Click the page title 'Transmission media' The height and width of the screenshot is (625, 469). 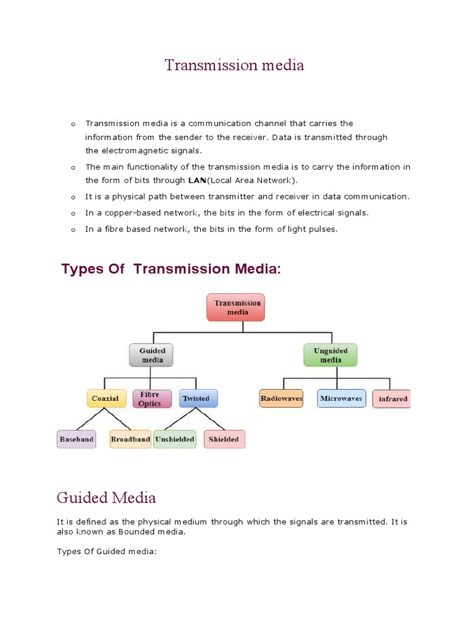[x=234, y=65]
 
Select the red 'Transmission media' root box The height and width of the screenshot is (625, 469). [x=237, y=307]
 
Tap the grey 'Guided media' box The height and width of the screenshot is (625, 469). [x=151, y=355]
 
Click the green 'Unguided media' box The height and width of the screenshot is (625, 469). [x=330, y=355]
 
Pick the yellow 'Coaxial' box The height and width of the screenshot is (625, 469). [x=106, y=399]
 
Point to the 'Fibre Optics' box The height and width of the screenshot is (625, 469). [x=149, y=399]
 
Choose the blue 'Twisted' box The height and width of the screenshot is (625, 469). [x=195, y=399]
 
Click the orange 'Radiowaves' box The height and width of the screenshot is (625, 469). [x=281, y=399]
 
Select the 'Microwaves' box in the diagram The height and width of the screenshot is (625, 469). [x=341, y=399]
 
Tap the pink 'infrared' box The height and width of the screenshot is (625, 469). [x=392, y=399]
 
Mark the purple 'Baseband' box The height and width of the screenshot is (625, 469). [x=76, y=439]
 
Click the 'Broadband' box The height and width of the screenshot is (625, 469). [x=130, y=439]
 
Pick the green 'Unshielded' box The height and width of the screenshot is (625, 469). [x=175, y=439]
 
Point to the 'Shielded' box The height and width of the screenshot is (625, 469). [x=224, y=439]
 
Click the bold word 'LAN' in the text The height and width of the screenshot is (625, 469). [x=196, y=180]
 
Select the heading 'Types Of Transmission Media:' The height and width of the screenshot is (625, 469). [x=172, y=269]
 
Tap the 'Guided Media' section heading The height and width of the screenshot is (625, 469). [x=106, y=497]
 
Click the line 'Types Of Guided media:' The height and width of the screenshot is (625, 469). [x=107, y=552]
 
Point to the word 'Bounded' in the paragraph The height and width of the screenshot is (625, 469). [x=136, y=532]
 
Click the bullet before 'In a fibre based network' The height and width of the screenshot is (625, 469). [x=73, y=229]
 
